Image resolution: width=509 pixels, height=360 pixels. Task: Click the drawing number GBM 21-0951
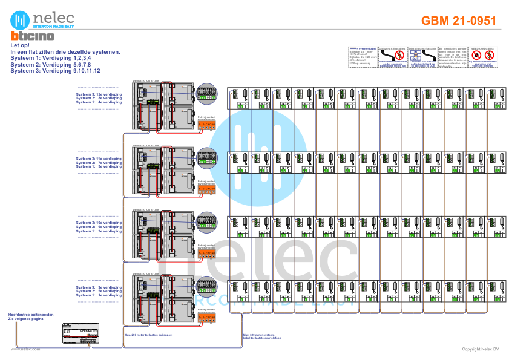pyautogui.click(x=458, y=21)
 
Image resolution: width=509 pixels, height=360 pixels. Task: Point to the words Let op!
pyautogui.click(x=21, y=45)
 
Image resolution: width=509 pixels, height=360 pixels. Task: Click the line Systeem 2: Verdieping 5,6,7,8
pyautogui.click(x=50, y=64)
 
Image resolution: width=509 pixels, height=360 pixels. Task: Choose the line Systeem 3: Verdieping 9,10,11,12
pyautogui.click(x=55, y=71)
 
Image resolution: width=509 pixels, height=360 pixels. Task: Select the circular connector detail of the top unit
pyautogui.click(x=207, y=92)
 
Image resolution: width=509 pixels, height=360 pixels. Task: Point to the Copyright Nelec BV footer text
pyautogui.click(x=479, y=349)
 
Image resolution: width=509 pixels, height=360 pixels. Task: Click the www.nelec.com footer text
pyautogui.click(x=25, y=349)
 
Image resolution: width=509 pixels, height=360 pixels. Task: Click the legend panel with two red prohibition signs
pyautogui.click(x=482, y=56)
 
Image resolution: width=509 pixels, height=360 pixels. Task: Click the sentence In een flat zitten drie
pyautogui.click(x=65, y=52)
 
